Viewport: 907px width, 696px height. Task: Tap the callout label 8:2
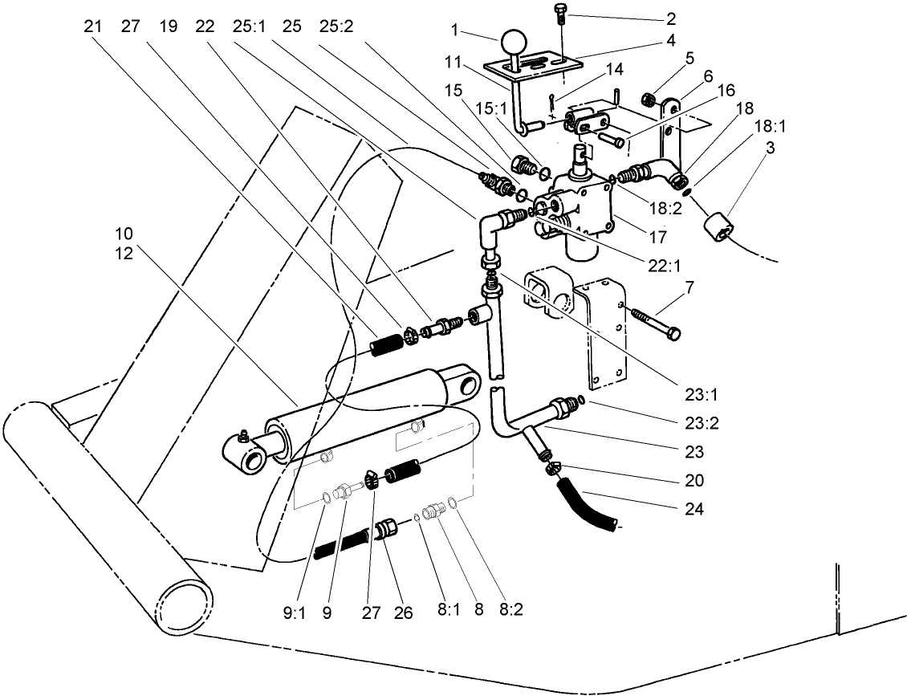click(510, 610)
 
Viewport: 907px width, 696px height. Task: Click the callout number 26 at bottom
click(403, 612)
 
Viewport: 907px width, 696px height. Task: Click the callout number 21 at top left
click(94, 25)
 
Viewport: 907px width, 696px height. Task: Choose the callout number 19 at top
click(169, 25)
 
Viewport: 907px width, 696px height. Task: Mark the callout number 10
click(124, 234)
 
